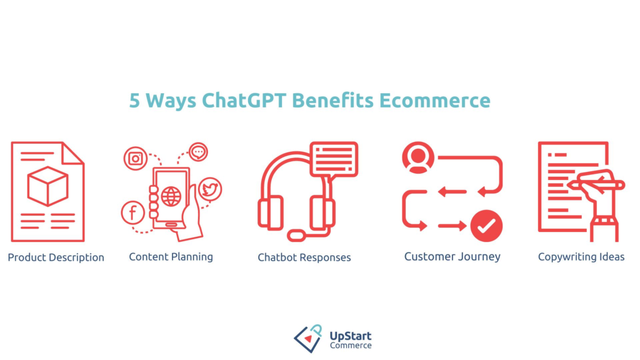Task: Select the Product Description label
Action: [x=56, y=257]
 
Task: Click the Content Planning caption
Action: [x=171, y=257]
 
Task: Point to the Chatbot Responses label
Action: [x=304, y=257]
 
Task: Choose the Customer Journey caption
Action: [x=452, y=257]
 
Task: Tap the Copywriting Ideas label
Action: [x=581, y=257]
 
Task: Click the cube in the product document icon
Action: [x=47, y=186]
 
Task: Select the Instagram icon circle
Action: [x=134, y=158]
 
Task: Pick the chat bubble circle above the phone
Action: [x=198, y=152]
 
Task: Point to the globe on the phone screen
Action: [x=170, y=196]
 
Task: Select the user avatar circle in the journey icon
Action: [x=418, y=157]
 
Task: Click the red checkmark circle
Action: [x=486, y=226]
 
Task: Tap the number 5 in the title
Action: [x=134, y=101]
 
